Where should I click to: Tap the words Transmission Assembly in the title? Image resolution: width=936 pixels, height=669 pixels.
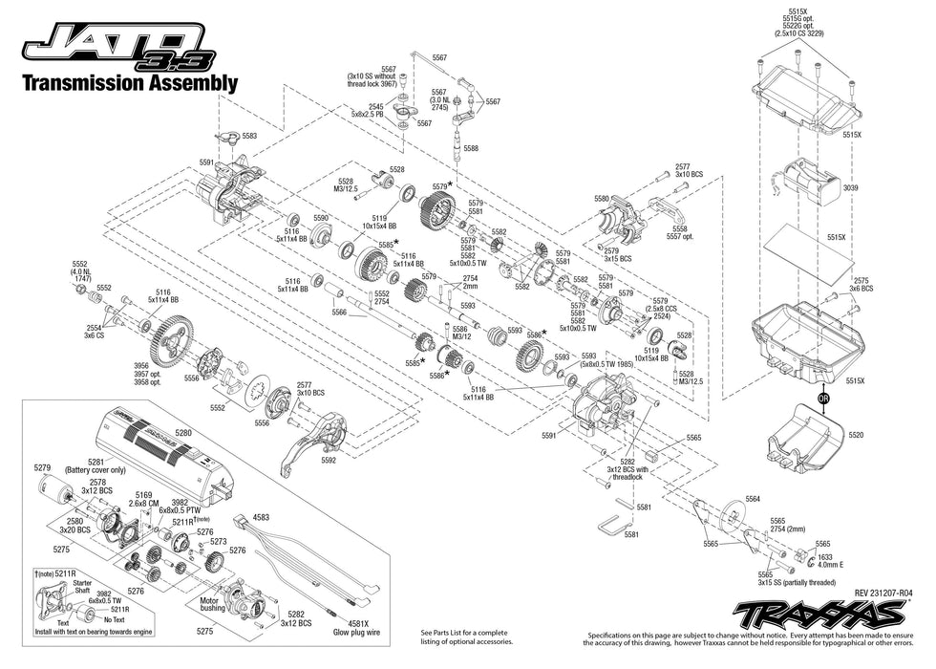[129, 83]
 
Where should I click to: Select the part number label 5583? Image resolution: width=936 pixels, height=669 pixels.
[249, 137]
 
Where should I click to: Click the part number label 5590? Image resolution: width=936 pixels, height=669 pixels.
[321, 218]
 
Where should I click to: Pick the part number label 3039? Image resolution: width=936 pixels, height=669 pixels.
[850, 188]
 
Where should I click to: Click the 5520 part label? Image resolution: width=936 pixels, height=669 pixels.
[855, 435]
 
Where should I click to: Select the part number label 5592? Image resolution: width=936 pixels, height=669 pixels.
[329, 460]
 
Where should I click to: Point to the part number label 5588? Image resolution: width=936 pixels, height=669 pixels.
[471, 148]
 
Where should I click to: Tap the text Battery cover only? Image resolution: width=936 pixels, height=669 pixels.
[96, 470]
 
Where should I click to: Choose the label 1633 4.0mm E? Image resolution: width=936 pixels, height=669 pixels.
[826, 560]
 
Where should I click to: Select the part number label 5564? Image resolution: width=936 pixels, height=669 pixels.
[754, 499]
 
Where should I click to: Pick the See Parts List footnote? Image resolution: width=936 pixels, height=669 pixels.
[464, 637]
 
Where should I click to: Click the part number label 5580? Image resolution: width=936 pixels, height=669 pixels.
[601, 198]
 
